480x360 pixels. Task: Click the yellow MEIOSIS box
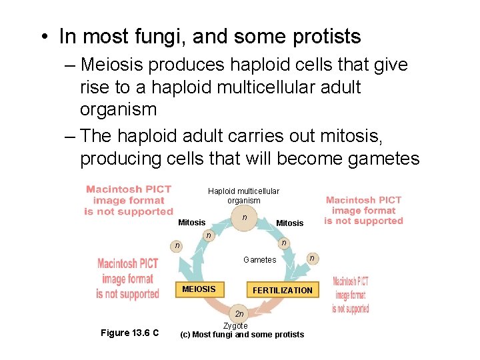pos(199,289)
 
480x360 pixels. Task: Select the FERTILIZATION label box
pos(282,290)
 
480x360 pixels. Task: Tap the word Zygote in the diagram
pos(235,325)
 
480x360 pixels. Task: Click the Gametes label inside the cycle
pos(259,260)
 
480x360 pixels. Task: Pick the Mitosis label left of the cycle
pos(191,223)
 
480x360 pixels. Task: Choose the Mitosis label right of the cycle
pos(289,223)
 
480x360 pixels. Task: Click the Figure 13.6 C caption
pos(129,333)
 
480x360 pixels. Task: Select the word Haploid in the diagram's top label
pos(222,191)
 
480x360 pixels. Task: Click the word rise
pos(96,87)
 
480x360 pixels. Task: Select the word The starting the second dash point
pos(97,135)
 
